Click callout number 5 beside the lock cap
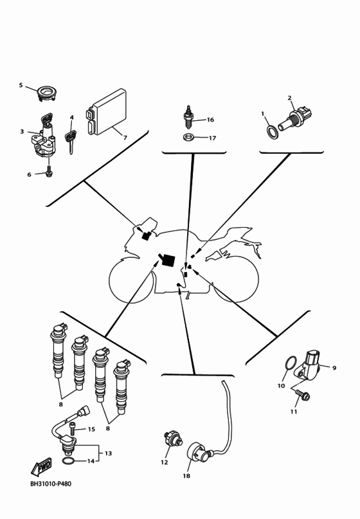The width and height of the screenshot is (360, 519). click(x=21, y=86)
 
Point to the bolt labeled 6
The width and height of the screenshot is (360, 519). click(x=49, y=172)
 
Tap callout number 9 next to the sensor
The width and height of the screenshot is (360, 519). click(x=334, y=368)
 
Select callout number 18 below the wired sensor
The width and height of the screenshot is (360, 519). click(x=186, y=477)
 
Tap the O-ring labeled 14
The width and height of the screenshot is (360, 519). click(x=69, y=460)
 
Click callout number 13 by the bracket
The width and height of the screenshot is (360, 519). click(x=109, y=453)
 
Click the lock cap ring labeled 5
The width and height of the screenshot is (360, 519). click(x=46, y=93)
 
